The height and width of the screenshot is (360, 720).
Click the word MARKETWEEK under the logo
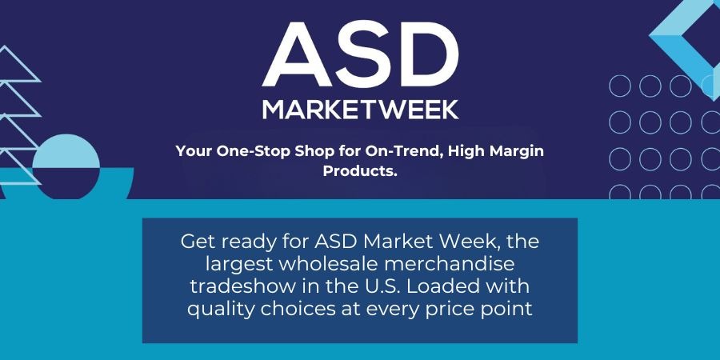point(360,110)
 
